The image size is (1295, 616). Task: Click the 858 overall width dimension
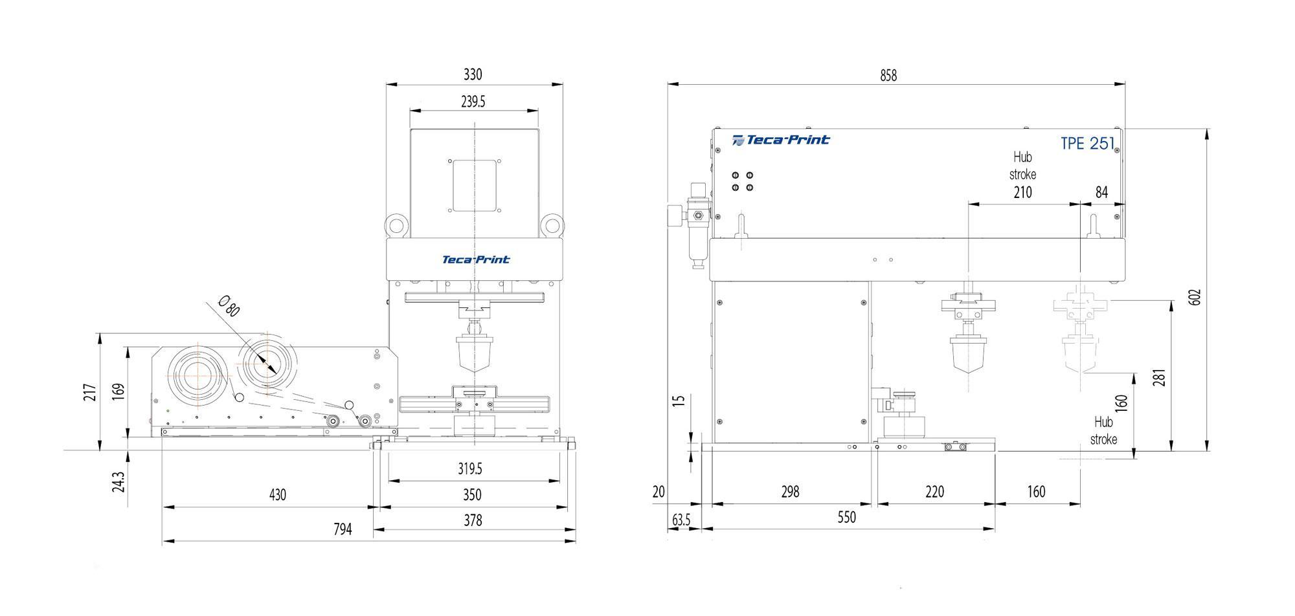888,76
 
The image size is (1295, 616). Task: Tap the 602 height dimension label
1195,297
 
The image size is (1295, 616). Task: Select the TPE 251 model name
1087,144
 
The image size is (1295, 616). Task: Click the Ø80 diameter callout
229,305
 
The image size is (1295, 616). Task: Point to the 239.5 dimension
473,102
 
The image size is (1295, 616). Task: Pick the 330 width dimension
473,74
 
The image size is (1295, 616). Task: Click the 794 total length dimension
343,529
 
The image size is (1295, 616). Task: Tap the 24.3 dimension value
118,482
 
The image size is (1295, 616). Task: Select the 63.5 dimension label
681,520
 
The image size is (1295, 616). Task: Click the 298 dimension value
790,492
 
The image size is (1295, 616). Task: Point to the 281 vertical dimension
1159,377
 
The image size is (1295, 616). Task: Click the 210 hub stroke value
1022,192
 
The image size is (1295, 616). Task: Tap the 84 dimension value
1101,192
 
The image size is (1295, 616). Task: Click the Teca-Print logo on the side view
780,140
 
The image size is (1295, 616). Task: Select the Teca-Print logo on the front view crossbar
475,259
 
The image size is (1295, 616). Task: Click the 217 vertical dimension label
90,392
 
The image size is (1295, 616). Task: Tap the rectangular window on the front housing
474,186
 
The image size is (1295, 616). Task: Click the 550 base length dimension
846,517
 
